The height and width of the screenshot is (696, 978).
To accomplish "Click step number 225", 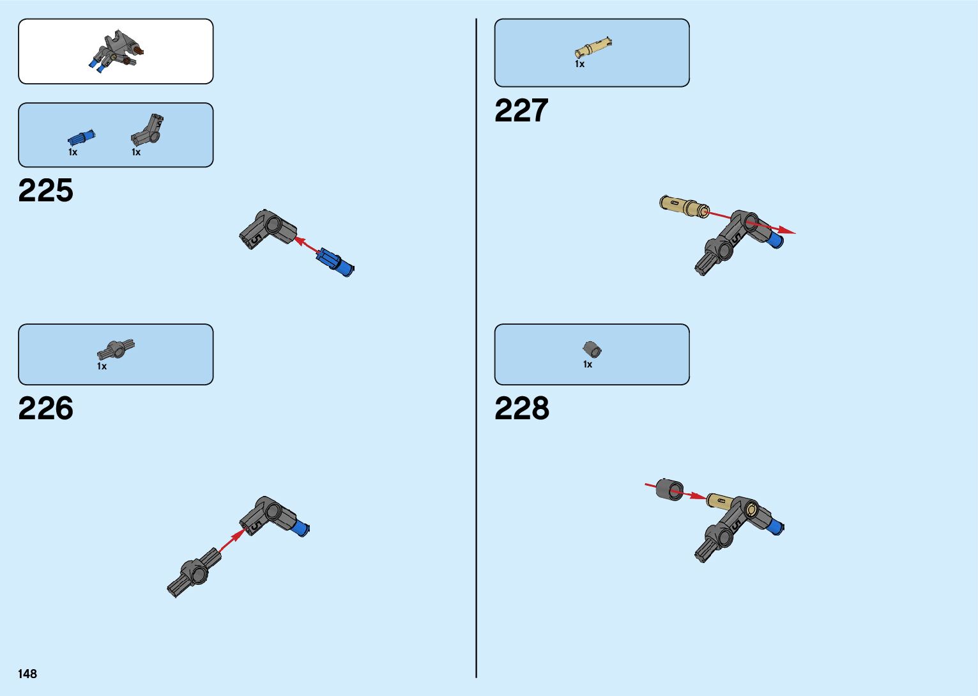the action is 46,190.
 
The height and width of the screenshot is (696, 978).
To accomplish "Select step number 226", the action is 46,408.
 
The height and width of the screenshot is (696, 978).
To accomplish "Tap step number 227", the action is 521,111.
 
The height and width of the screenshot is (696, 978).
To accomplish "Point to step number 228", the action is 521,408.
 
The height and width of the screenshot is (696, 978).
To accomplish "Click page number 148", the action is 27,674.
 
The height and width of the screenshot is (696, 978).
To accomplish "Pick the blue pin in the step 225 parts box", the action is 81,137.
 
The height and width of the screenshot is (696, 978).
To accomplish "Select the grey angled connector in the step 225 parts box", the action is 148,129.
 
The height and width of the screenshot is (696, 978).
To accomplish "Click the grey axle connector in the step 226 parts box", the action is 116,349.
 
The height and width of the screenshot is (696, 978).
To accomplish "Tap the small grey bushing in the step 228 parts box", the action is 592,349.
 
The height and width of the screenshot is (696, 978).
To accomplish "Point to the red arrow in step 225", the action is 307,246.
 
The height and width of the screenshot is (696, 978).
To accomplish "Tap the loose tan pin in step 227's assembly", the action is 683,205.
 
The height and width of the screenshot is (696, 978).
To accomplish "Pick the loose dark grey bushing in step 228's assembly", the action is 669,490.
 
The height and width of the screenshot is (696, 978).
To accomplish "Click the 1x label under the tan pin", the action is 579,64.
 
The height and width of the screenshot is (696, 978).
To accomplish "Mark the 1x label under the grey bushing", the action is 587,364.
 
